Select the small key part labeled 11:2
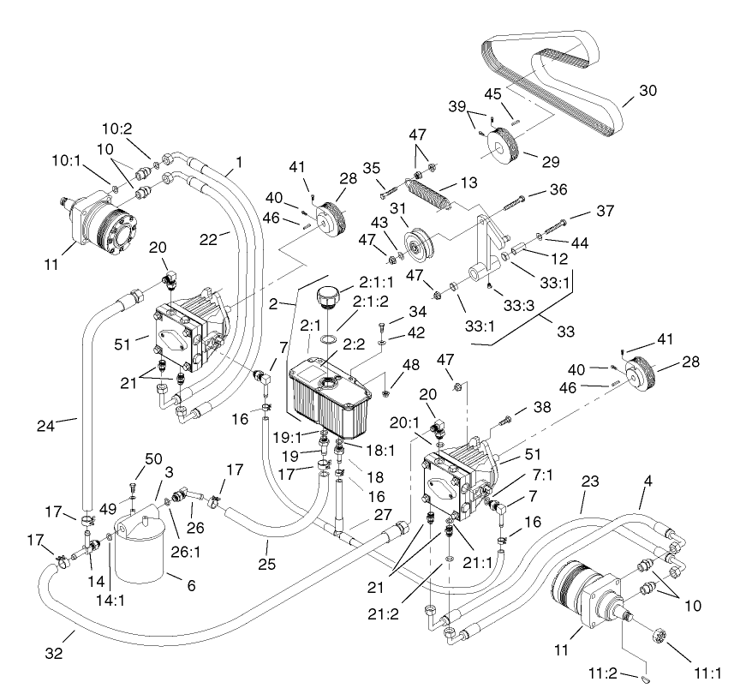(x=648, y=678)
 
